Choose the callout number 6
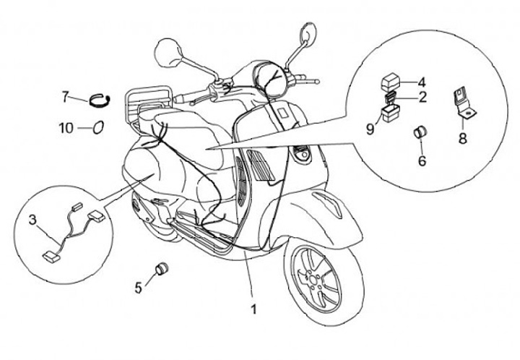[x=422, y=160]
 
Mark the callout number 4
[x=422, y=82]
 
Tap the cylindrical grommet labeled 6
[x=420, y=133]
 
